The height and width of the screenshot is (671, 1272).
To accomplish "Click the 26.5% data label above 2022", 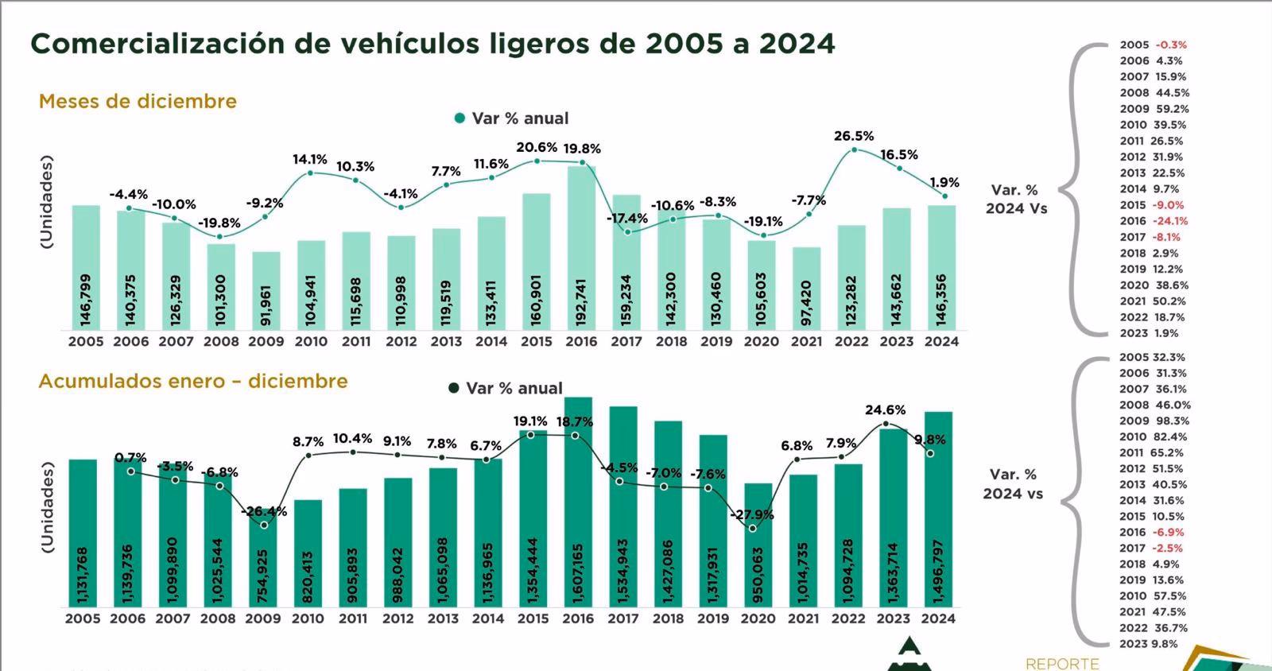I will click(x=853, y=136).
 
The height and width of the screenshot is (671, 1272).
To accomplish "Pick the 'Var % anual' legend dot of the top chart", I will click(x=460, y=118).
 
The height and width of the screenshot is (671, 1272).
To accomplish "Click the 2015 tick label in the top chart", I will click(x=537, y=342).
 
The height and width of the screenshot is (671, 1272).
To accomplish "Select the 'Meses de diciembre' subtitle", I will click(x=138, y=101).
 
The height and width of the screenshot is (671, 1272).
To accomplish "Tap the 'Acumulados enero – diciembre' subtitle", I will click(x=193, y=381).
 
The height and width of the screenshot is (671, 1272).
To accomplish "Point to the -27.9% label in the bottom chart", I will click(x=751, y=514).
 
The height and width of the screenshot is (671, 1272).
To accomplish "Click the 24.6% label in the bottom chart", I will click(x=885, y=410).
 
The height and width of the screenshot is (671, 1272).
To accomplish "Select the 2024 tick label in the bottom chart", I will click(x=937, y=619).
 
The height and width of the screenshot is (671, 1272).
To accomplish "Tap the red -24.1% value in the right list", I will click(x=1171, y=221).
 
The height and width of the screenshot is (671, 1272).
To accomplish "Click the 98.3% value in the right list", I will click(x=1173, y=421).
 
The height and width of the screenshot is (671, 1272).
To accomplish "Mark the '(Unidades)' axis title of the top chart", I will click(x=46, y=204).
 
